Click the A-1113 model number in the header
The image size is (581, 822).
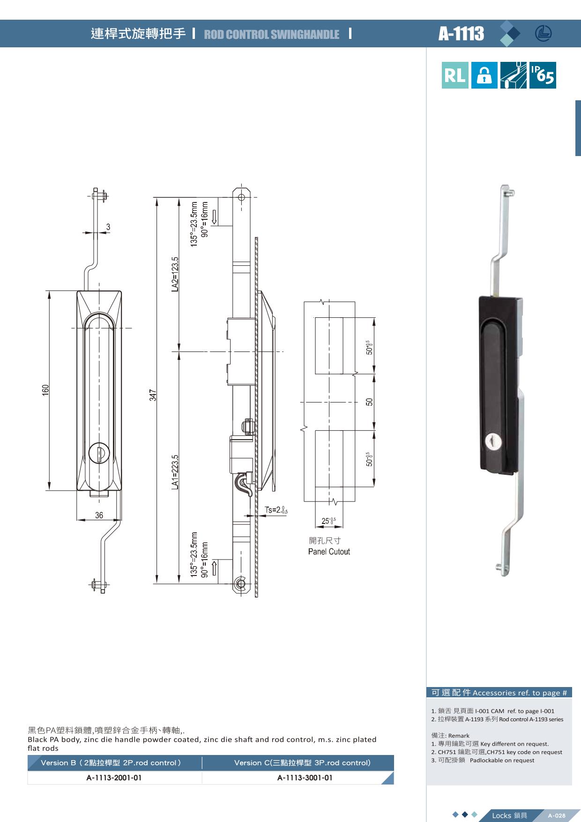tap(461, 34)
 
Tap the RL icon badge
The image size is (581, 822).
tap(454, 75)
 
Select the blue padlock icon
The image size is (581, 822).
tap(484, 75)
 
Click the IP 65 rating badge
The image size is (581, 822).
tap(543, 75)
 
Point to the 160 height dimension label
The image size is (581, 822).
tap(45, 390)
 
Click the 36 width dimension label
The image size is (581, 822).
tap(99, 515)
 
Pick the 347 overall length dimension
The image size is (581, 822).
tap(153, 395)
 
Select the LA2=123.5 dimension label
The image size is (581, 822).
tap(175, 274)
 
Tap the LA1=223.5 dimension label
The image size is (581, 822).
tap(175, 472)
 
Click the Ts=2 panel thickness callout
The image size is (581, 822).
tap(276, 510)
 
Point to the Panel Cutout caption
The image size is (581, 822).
tap(329, 552)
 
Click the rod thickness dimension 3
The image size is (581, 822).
tap(108, 227)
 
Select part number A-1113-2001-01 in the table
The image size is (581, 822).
tap(114, 778)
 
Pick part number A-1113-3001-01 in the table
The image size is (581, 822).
tap(305, 778)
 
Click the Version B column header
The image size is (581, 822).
tap(111, 762)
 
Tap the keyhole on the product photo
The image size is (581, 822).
tap(492, 441)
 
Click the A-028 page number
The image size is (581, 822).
tap(557, 816)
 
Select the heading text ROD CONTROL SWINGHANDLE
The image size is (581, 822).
tap(272, 34)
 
